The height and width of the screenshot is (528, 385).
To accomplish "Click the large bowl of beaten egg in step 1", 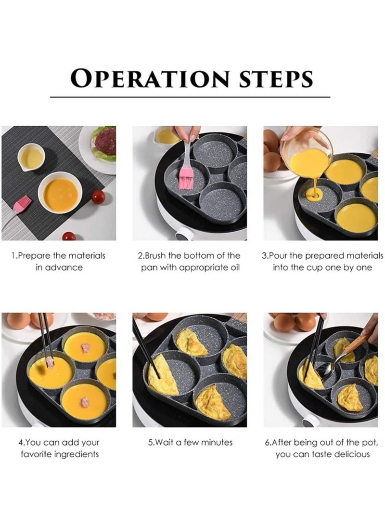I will [x=60, y=192].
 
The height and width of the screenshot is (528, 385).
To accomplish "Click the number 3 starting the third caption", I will [x=264, y=256].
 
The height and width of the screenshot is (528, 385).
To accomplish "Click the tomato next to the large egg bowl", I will [x=98, y=197].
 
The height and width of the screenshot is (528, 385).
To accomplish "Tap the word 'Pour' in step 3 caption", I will [x=280, y=256].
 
